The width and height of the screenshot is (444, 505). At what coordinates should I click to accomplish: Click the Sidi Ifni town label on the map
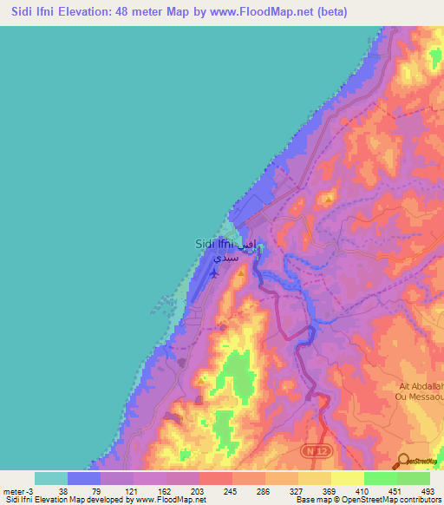pyautogui.click(x=213, y=245)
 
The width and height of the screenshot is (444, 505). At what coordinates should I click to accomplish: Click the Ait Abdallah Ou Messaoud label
pyautogui.click(x=421, y=391)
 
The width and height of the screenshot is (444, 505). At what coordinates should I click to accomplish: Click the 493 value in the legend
pyautogui.click(x=428, y=491)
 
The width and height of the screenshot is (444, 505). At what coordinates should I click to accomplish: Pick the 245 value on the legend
pyautogui.click(x=231, y=491)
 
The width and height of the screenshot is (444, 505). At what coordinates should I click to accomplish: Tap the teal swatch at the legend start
pyautogui.click(x=51, y=478)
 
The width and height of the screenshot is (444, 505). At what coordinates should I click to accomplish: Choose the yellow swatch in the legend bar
pyautogui.click(x=348, y=478)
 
